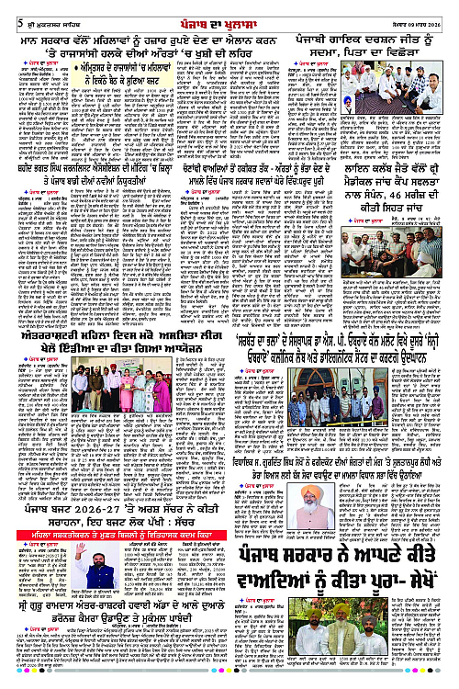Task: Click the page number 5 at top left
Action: tap(6, 9)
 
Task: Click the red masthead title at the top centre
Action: tap(229, 9)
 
